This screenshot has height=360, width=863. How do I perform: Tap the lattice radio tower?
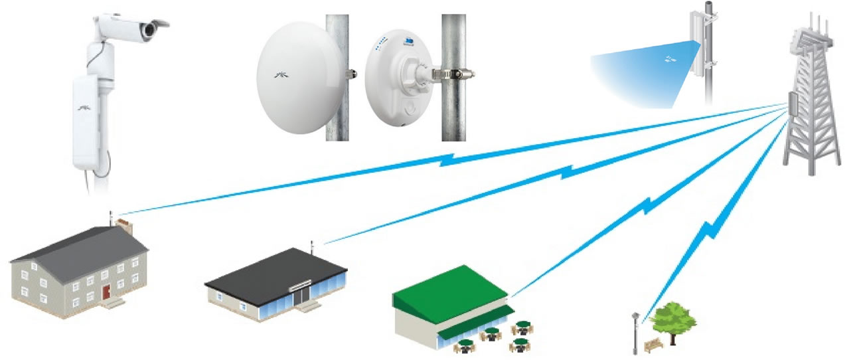(811, 106)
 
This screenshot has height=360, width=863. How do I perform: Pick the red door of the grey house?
(106, 291)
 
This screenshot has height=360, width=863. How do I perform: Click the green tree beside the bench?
(672, 319)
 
